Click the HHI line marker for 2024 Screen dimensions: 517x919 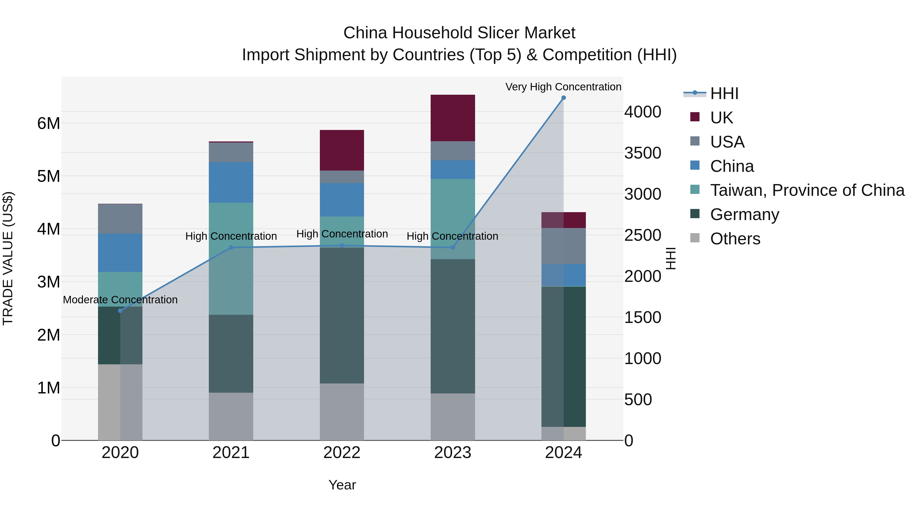coord(563,98)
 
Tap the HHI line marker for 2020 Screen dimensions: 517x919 coord(120,311)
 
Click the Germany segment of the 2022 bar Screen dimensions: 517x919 coord(342,315)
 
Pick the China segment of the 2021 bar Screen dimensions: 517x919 coord(231,182)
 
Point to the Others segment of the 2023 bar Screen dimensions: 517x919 coord(453,417)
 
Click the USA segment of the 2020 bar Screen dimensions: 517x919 coord(120,219)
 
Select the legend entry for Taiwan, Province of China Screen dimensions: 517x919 coord(807,190)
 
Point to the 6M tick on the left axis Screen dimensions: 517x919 coord(49,124)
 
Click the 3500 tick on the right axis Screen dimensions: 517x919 coord(643,153)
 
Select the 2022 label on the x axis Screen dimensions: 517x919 coord(342,453)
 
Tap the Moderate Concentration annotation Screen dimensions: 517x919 coord(120,300)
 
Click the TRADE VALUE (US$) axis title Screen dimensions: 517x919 coord(8,258)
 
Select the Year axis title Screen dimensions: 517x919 coord(342,485)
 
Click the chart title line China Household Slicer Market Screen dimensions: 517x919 coord(459,33)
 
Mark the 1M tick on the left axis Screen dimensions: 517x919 coord(49,388)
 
